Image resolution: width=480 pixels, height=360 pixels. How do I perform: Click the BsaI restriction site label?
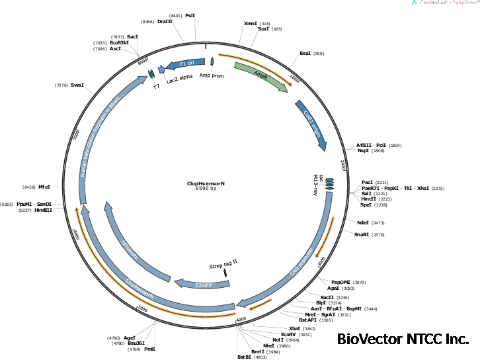pyautogui.click(x=305, y=54)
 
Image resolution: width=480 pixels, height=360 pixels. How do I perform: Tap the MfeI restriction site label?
pyautogui.click(x=44, y=187)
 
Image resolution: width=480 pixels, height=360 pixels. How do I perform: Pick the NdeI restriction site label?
pyautogui.click(x=363, y=223)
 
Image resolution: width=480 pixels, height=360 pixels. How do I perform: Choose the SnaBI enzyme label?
pyautogui.click(x=361, y=234)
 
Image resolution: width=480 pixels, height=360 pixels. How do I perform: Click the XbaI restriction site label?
pyautogui.click(x=294, y=328)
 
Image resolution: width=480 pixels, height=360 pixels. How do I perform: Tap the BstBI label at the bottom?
pyautogui.click(x=244, y=357)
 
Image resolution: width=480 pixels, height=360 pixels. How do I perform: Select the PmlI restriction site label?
pyautogui.click(x=150, y=348)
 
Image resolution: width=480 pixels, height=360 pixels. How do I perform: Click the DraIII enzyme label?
pyautogui.click(x=165, y=21)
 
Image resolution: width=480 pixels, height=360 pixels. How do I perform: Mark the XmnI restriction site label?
pyautogui.click(x=250, y=23)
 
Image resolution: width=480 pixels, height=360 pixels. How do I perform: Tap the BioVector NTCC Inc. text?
pyautogui.click(x=403, y=339)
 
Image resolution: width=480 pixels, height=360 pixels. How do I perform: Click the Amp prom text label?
pyautogui.click(x=213, y=75)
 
